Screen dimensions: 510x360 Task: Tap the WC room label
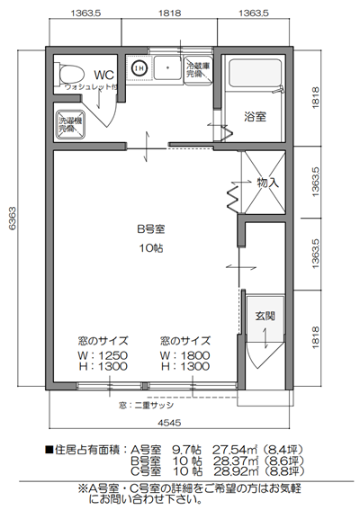click(x=103, y=74)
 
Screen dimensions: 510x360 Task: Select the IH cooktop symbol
click(x=139, y=67)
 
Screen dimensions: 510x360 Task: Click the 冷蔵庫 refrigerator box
click(x=196, y=70)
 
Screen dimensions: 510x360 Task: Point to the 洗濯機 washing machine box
click(x=69, y=125)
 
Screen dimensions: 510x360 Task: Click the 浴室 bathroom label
click(x=256, y=116)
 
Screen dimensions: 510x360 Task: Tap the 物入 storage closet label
click(x=267, y=183)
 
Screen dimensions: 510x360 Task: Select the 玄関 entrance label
click(x=265, y=316)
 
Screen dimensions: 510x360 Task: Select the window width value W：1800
click(x=184, y=354)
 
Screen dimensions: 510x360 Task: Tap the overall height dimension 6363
click(x=11, y=215)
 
